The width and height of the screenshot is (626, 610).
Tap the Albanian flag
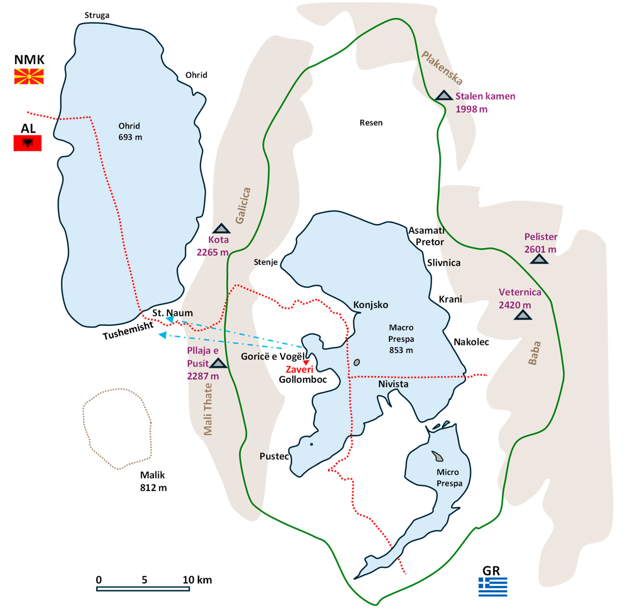click(x=28, y=143)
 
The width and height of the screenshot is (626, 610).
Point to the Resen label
click(x=371, y=123)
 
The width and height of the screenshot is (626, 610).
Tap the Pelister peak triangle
click(x=539, y=259)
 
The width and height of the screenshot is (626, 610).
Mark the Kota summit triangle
click(x=221, y=229)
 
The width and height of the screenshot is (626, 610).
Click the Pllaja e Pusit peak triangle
click(x=219, y=363)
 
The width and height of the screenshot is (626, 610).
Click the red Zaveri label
click(x=299, y=369)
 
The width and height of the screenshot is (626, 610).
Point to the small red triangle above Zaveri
click(x=306, y=362)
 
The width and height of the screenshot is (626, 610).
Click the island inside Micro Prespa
click(x=437, y=456)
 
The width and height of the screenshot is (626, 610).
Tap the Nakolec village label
click(x=471, y=342)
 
